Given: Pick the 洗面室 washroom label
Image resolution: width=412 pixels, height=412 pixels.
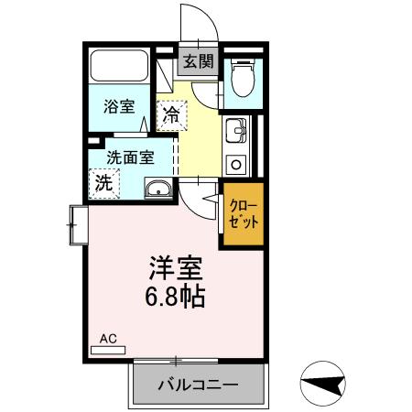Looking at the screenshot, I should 129,156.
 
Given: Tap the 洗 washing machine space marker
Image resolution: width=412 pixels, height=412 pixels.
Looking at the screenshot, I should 104,182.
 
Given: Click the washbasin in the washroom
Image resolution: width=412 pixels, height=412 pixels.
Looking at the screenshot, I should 158,190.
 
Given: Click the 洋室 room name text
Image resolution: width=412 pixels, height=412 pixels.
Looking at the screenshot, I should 176,270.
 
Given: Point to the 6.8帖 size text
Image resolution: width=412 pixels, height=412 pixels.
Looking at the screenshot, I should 177,298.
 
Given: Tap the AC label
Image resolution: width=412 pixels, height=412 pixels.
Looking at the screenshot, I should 108,339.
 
